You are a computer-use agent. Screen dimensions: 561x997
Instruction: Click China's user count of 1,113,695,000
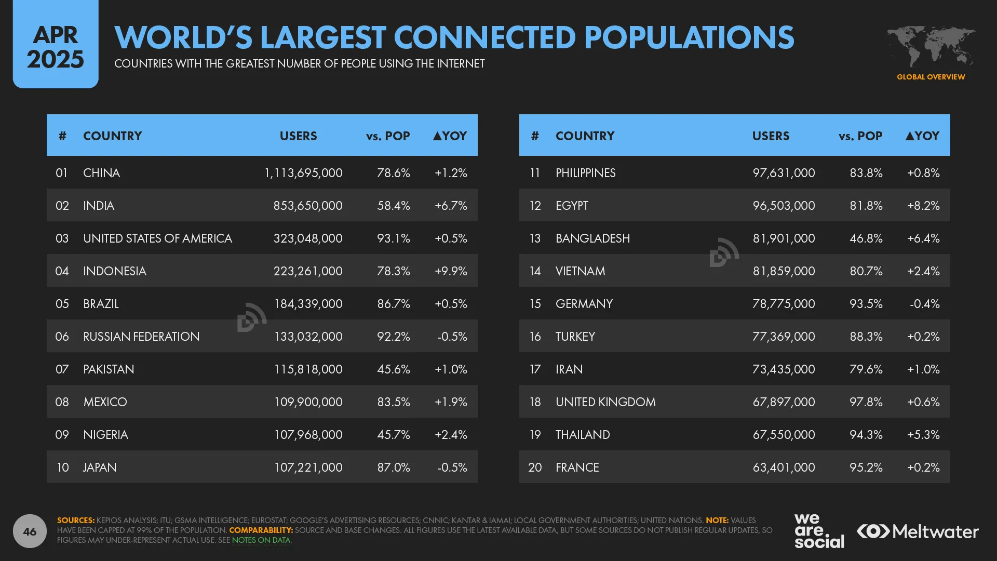(x=303, y=173)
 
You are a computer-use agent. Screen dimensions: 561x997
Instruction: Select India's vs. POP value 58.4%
(x=393, y=206)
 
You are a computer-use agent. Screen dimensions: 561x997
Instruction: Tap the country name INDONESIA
(x=115, y=271)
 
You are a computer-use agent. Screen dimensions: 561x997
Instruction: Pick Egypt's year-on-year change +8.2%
(x=923, y=206)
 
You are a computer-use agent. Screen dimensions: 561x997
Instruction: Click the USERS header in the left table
(x=298, y=136)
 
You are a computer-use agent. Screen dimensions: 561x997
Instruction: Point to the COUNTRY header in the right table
(x=585, y=136)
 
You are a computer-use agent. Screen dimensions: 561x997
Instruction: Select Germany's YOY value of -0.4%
(x=924, y=304)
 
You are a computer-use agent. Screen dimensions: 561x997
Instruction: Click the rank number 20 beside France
(x=535, y=468)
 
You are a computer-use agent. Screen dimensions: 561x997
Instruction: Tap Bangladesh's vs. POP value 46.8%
(x=866, y=238)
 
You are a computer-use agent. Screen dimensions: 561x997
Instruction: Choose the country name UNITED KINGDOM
(x=605, y=402)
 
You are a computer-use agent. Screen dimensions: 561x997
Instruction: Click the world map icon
(x=931, y=47)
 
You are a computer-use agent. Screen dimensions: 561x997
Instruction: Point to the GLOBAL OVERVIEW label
(x=931, y=77)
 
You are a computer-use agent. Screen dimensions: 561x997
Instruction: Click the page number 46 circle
(x=30, y=531)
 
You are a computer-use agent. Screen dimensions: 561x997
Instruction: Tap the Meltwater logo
(x=918, y=531)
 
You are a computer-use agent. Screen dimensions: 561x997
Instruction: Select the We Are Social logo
(x=818, y=531)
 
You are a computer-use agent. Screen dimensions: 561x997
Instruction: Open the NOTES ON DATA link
(x=261, y=540)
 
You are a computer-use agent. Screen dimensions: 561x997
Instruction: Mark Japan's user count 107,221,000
(x=308, y=468)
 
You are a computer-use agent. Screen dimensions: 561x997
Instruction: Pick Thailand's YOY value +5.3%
(x=923, y=435)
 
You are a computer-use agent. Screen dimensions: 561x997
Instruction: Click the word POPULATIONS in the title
(x=689, y=37)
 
